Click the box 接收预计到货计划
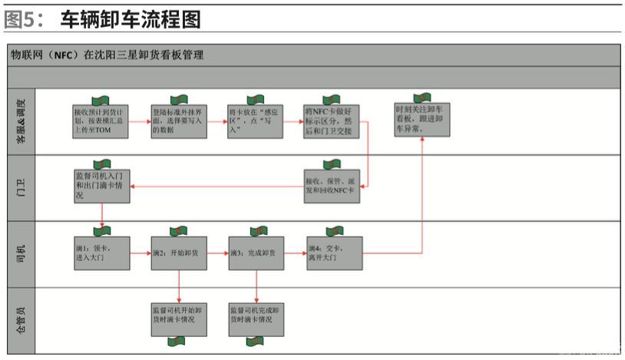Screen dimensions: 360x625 pyautogui.click(x=101, y=121)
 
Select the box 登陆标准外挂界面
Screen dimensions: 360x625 pyautogui.click(x=178, y=121)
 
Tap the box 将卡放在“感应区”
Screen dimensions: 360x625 pyautogui.click(x=256, y=121)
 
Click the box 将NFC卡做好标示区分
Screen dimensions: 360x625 pyautogui.click(x=332, y=121)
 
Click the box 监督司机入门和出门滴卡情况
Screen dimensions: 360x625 pyautogui.click(x=101, y=186)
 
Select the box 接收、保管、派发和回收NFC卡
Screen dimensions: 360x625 pyautogui.click(x=332, y=186)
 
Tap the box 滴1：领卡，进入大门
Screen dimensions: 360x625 pyautogui.click(x=101, y=253)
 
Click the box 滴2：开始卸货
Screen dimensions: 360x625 pyautogui.click(x=178, y=253)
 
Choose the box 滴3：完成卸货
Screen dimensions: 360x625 pyautogui.click(x=256, y=253)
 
